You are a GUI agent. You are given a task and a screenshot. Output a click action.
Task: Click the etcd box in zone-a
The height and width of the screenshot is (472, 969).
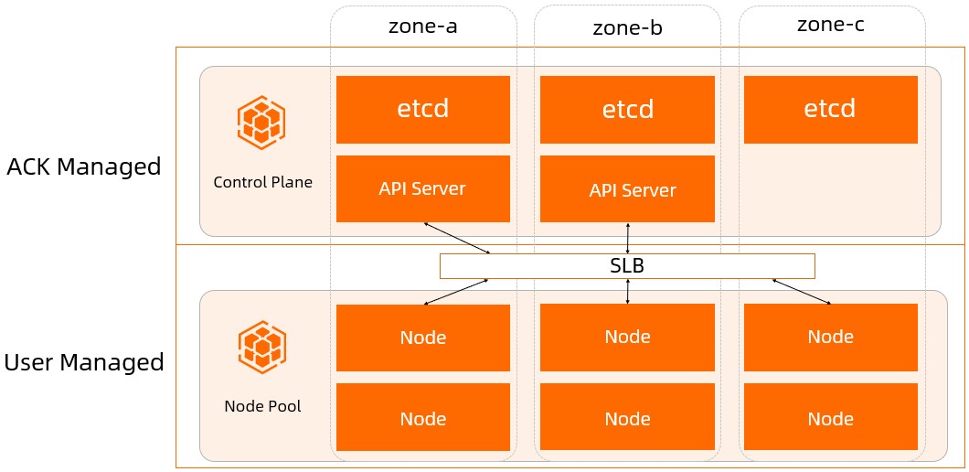click(422, 110)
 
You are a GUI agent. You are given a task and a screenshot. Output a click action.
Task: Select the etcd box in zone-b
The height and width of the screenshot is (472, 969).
click(627, 110)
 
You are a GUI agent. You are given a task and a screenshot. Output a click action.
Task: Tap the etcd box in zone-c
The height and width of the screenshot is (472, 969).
click(830, 110)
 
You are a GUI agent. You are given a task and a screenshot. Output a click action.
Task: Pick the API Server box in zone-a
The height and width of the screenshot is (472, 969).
click(422, 189)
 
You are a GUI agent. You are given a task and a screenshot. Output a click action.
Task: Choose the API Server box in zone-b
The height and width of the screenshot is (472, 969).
click(627, 189)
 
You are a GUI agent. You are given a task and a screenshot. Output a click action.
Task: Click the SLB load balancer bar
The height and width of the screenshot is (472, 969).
click(627, 266)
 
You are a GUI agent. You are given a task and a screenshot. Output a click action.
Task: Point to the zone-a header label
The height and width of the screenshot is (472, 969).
click(423, 26)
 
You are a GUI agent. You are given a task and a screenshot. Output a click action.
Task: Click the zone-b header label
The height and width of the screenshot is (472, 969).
click(627, 27)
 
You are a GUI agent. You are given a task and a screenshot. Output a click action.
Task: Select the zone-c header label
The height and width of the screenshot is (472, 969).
click(830, 25)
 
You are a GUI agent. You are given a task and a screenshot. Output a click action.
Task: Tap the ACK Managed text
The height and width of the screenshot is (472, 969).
click(84, 167)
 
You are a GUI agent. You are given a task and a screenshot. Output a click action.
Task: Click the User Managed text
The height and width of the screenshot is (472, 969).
click(84, 363)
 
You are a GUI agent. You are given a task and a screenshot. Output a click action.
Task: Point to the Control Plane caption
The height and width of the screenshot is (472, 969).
click(262, 182)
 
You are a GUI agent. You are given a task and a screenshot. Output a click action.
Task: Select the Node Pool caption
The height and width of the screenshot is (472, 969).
click(262, 406)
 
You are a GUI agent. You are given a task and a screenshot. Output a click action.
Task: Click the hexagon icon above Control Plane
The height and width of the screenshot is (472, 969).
click(261, 123)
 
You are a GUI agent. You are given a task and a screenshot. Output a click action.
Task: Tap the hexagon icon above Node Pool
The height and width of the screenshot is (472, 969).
click(261, 348)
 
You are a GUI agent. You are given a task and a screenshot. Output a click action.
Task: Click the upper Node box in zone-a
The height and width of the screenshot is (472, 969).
click(422, 338)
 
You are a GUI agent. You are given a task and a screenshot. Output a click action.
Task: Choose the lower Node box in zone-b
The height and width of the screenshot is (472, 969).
click(627, 419)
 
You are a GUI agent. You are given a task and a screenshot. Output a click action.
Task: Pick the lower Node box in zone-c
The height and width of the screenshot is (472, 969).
click(830, 419)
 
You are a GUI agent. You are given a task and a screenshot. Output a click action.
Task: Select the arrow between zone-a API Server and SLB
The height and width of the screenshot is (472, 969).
click(457, 238)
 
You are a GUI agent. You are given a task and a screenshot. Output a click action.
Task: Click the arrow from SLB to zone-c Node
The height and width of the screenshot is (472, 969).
click(802, 292)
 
